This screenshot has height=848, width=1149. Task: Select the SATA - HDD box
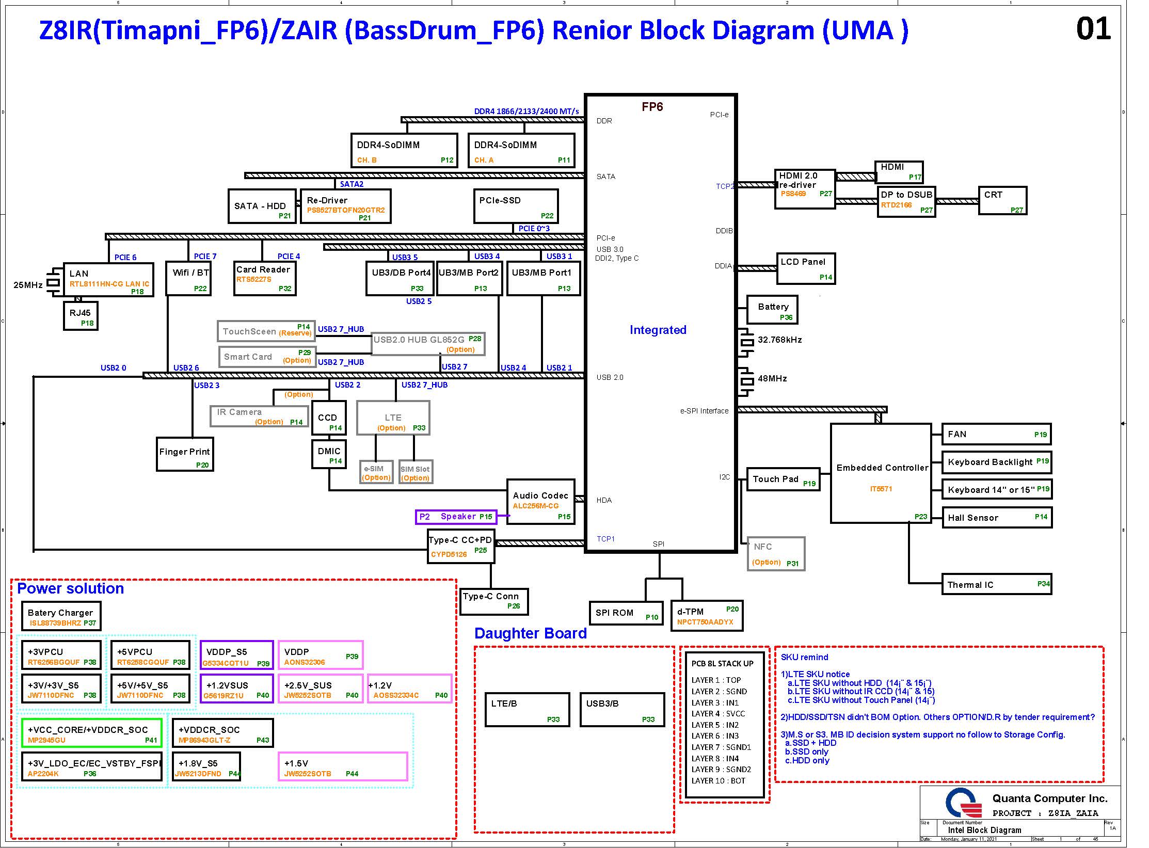click(262, 206)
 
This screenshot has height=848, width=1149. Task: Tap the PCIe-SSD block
click(516, 206)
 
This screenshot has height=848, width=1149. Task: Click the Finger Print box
click(185, 454)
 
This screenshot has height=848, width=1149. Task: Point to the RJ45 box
click(81, 315)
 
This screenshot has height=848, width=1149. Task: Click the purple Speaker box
click(456, 517)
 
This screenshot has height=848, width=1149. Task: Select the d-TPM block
click(706, 615)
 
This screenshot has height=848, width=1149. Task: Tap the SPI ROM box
click(626, 613)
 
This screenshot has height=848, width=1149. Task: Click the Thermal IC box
click(996, 584)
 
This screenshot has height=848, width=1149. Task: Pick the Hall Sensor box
click(996, 517)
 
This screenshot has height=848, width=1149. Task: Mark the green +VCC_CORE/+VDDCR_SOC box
click(91, 733)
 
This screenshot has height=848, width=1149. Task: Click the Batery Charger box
click(61, 616)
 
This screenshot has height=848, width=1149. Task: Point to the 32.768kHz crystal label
click(779, 340)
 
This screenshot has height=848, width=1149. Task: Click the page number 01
click(1093, 29)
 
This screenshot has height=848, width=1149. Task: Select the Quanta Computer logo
click(963, 804)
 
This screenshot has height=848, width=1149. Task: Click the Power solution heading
click(70, 588)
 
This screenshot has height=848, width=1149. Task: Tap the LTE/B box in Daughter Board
click(527, 710)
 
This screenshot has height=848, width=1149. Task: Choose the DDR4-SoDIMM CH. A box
click(521, 150)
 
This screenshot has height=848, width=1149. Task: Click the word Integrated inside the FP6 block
click(658, 330)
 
